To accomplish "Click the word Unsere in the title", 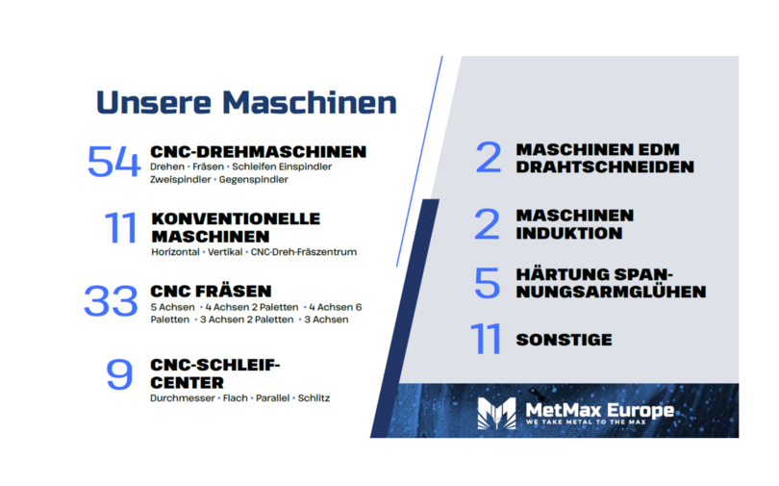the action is [x=154, y=102].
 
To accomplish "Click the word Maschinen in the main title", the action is [x=310, y=102].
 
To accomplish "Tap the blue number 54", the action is [x=113, y=162].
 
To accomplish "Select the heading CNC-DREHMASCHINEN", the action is [x=259, y=151].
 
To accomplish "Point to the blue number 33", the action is [x=111, y=300].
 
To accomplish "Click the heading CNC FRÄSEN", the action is [x=212, y=292].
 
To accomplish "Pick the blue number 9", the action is [x=119, y=374].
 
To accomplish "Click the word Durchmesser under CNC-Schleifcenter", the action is [x=183, y=398].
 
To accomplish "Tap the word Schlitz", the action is [x=314, y=398].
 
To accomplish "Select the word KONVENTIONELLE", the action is [x=236, y=218].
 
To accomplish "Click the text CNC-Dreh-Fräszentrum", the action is [x=304, y=252].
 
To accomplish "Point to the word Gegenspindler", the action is [x=253, y=179].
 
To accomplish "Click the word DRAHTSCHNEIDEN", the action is [x=605, y=166].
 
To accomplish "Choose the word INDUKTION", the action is [x=568, y=233].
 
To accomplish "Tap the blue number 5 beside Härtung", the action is [x=487, y=283].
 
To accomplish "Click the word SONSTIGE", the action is [x=564, y=340].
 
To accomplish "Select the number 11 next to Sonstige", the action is [x=486, y=339].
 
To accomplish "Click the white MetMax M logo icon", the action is [x=496, y=413].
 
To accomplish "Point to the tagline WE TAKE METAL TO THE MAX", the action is [x=586, y=422].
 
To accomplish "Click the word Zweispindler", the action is [x=181, y=179].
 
